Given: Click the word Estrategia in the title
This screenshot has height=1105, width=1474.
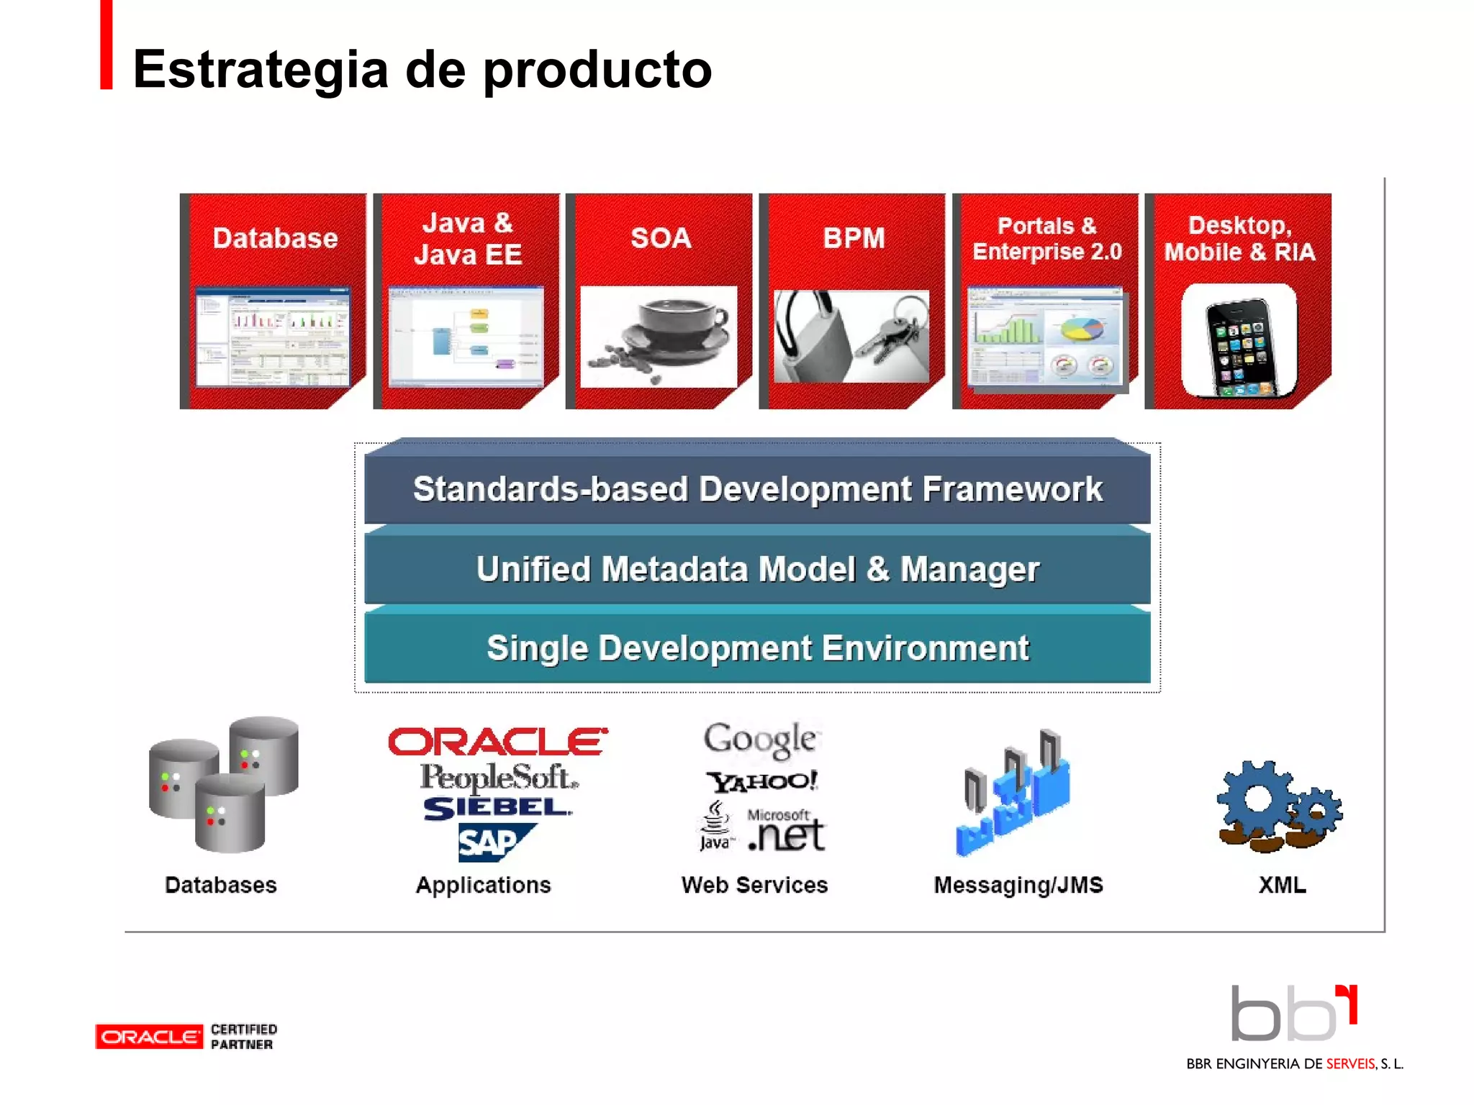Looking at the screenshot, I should coord(261,71).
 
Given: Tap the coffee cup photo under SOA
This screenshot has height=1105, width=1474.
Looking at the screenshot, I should coord(659,337).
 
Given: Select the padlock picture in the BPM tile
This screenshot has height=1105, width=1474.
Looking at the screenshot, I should coord(851,337).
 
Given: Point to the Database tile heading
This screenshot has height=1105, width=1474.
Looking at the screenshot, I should coord(275,238).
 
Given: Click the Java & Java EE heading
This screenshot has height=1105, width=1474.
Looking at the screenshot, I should coord(468,239).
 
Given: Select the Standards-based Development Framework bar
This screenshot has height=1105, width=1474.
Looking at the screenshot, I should coord(757,489).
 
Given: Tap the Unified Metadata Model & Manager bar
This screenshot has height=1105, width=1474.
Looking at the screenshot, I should coord(757,569).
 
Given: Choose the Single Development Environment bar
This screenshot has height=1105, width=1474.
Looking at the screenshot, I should coord(757,648).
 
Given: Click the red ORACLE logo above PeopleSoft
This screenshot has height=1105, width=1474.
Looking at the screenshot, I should coord(497,742).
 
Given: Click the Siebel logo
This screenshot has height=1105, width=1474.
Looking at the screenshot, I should coord(497,809).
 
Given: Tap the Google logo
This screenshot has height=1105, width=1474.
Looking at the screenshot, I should coord(760,739).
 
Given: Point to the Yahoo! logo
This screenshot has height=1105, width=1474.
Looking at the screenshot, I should coord(761,781).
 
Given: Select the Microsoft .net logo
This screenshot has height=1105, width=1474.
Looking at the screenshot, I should coord(786,832).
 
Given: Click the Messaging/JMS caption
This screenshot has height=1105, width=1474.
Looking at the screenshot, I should coord(1018,885).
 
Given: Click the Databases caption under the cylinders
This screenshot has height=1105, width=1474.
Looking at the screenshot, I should coord(220,885).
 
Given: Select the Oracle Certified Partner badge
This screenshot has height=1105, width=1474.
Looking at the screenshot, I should coord(186,1037).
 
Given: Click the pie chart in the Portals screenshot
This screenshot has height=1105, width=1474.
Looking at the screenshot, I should coord(1081,329).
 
